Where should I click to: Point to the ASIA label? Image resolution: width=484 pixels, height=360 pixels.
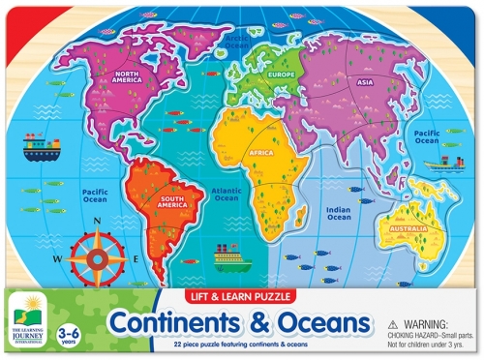365,82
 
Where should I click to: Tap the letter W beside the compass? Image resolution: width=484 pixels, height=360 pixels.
57,259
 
